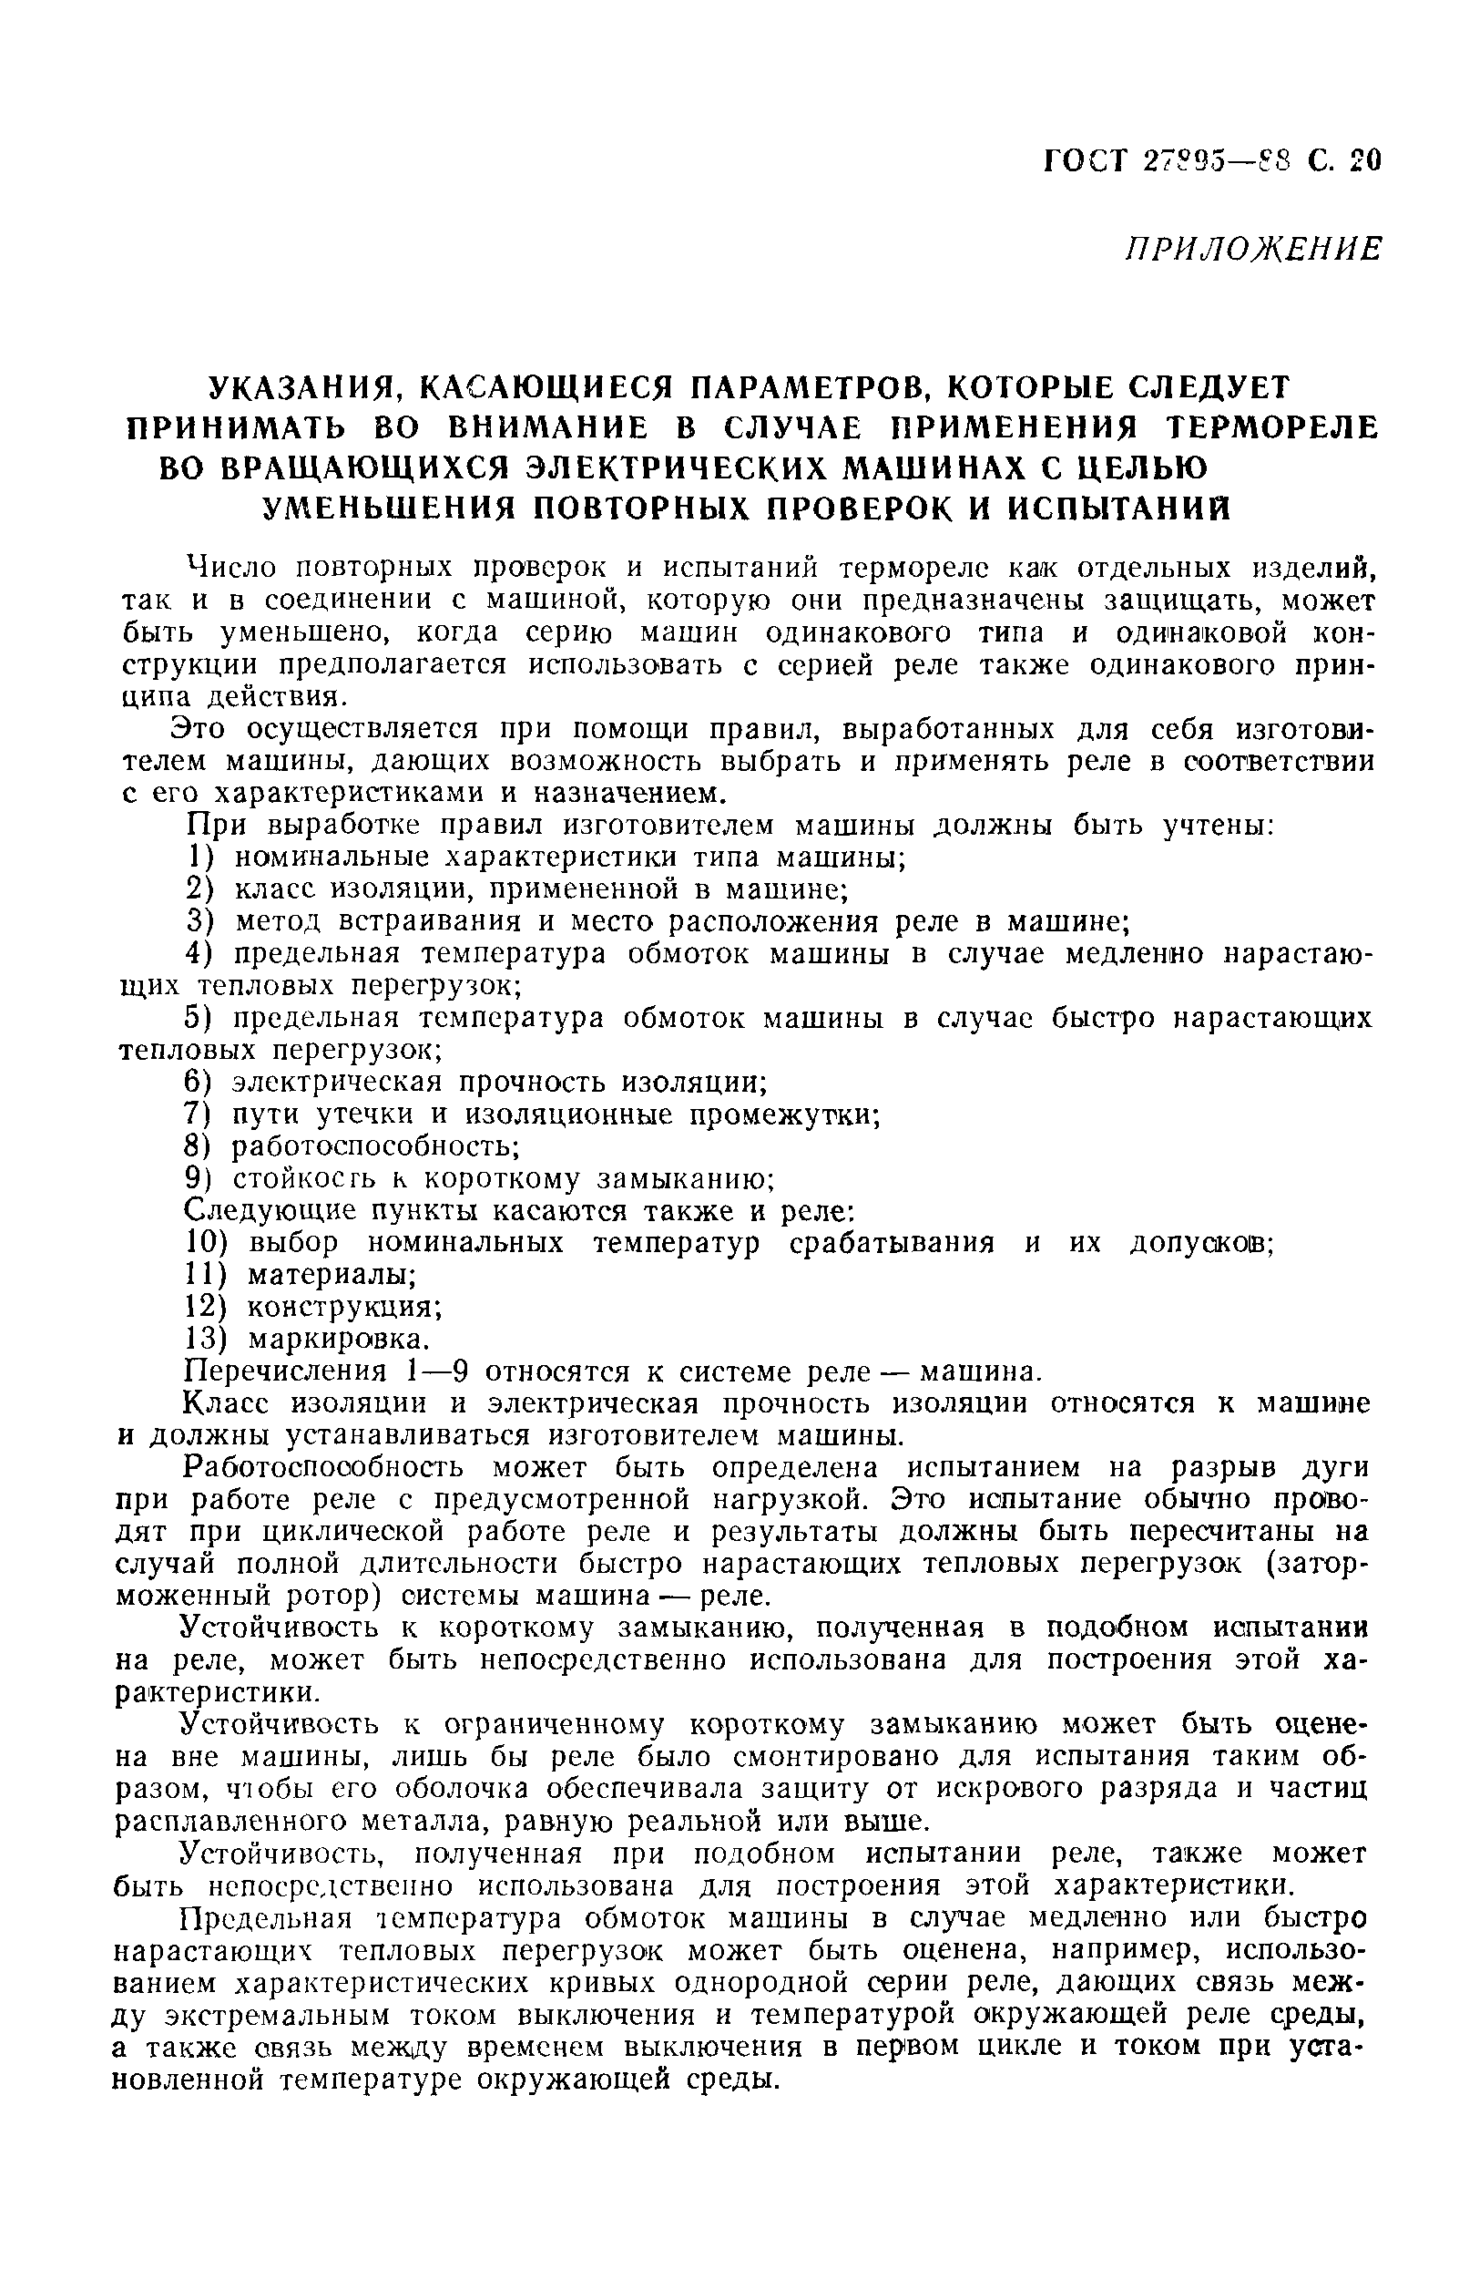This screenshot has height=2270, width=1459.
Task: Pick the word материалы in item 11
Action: (332, 1275)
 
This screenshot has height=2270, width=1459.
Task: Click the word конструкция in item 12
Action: (345, 1308)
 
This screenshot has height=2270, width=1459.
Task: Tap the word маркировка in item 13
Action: (338, 1340)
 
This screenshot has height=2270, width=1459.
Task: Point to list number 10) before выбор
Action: (208, 1243)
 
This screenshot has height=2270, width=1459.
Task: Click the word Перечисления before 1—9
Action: (285, 1371)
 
